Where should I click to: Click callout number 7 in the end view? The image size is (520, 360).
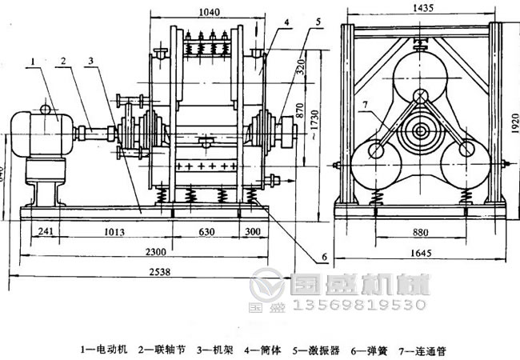(365, 105)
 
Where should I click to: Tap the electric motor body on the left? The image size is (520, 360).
(35, 131)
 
